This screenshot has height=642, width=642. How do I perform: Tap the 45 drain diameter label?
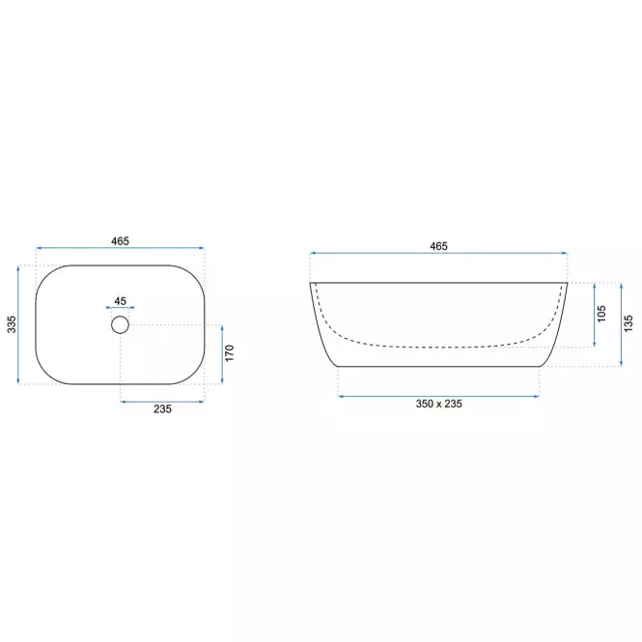pos(120,301)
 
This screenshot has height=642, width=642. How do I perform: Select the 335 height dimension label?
pos(12,324)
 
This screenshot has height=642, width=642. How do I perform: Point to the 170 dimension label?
pos(229,353)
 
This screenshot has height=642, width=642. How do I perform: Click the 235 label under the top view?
pos(162,409)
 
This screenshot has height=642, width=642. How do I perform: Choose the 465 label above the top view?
pos(120,241)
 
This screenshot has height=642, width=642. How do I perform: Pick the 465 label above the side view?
pos(438,246)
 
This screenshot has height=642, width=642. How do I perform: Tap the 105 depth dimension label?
pos(601,314)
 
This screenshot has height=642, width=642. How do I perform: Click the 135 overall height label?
pos(628,323)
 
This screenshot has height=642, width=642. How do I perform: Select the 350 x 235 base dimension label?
pos(438,404)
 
